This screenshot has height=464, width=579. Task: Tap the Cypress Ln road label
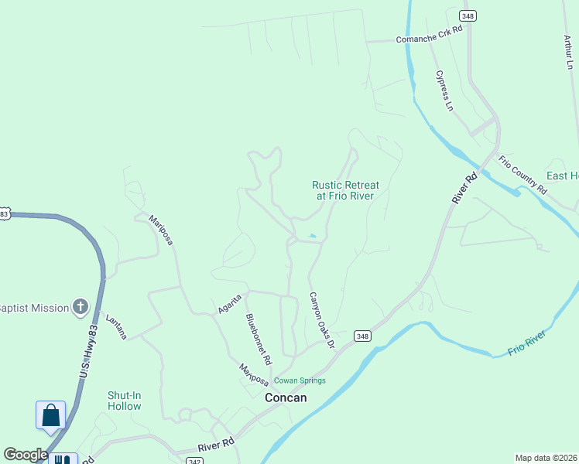pyautogui.click(x=444, y=90)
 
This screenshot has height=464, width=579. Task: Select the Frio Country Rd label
pyautogui.click(x=522, y=175)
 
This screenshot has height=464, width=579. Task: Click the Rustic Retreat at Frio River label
pyautogui.click(x=345, y=190)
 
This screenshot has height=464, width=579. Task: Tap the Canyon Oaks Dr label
pyautogui.click(x=322, y=319)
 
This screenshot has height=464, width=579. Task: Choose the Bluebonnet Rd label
pyautogui.click(x=259, y=339)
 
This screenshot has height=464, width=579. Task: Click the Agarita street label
pyautogui.click(x=230, y=303)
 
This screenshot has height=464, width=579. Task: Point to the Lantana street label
pyautogui.click(x=116, y=326)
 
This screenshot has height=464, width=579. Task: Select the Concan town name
pyautogui.click(x=286, y=397)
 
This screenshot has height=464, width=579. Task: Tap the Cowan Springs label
pyautogui.click(x=300, y=380)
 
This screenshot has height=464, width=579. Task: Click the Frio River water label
pyautogui.click(x=527, y=343)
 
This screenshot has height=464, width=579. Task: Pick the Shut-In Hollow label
pyautogui.click(x=125, y=401)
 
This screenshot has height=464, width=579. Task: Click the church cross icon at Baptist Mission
pyautogui.click(x=81, y=308)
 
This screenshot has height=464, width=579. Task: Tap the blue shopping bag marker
pyautogui.click(x=50, y=415)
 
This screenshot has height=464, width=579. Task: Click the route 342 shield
pyautogui.click(x=194, y=460)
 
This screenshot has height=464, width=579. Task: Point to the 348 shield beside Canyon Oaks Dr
pyautogui.click(x=362, y=336)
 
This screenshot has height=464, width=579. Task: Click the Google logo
pyautogui.click(x=25, y=455)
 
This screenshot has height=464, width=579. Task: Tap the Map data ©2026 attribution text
pyautogui.click(x=546, y=457)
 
